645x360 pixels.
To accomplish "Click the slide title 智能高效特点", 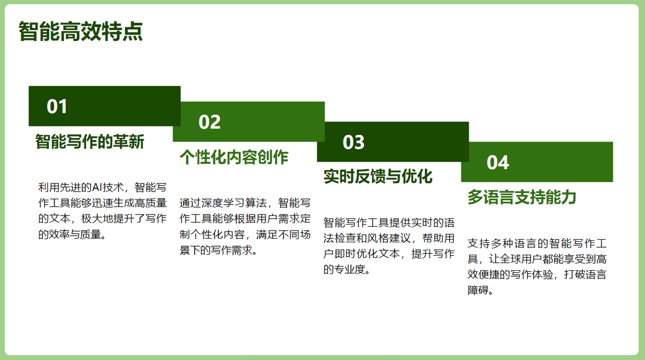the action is tap(81, 31).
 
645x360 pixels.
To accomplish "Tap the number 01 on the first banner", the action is tap(57, 106).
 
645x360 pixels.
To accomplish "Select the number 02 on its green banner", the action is tap(209, 122).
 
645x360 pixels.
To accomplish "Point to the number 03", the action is tap(353, 142).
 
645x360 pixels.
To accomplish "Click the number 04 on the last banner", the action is tap(498, 163).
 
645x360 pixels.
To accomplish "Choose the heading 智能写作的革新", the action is tap(90, 142).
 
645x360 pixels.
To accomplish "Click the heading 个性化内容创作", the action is tap(234, 157).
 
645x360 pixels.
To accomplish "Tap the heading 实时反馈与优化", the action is tap(378, 176).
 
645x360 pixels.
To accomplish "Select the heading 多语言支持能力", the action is tap(522, 197).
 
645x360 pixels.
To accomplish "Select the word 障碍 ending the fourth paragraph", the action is tap(478, 290).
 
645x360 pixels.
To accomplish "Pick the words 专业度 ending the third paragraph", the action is tap(350, 270).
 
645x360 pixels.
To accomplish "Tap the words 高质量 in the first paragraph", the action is tap(150, 203).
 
